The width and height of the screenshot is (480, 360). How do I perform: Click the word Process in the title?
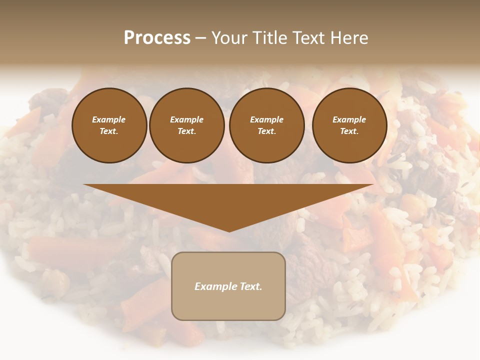(157, 38)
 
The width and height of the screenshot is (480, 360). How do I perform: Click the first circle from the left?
(109, 125)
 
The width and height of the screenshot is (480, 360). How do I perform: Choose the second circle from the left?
(187, 125)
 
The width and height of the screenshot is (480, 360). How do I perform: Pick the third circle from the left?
(266, 125)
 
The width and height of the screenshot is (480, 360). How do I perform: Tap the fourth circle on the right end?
(349, 125)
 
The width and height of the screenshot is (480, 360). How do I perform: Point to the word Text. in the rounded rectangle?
(250, 286)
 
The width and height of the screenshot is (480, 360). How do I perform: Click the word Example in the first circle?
(109, 119)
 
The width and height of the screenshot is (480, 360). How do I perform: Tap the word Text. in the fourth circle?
(349, 131)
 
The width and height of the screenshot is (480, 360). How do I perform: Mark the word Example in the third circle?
(266, 119)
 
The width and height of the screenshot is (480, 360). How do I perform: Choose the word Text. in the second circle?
(187, 131)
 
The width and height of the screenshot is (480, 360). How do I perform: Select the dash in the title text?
(200, 38)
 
